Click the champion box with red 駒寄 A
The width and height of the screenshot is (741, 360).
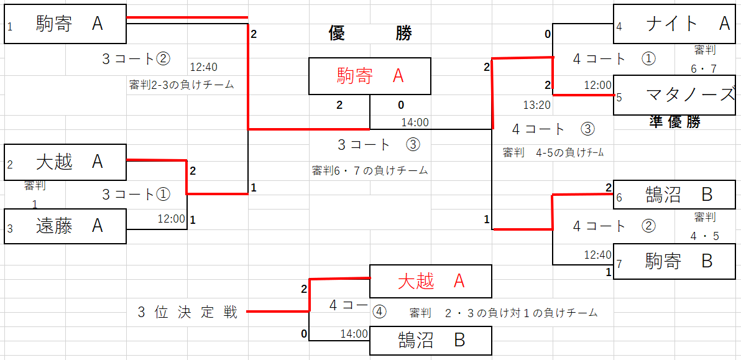coord(369,76)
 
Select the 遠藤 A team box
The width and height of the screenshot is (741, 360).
coord(65,226)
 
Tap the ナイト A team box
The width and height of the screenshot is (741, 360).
coord(674,24)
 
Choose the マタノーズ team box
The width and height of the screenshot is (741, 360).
coord(674,96)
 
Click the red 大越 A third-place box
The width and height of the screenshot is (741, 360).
coord(430,282)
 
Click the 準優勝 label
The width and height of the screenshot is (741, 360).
coord(674,122)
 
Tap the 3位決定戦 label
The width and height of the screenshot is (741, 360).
coord(188,312)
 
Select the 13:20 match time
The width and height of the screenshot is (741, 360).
coord(536,105)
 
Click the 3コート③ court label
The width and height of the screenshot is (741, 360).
coord(379,145)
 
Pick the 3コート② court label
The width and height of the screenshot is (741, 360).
coord(136,59)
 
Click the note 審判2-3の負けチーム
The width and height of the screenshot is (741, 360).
coord(182,85)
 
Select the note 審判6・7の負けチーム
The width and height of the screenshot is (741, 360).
coord(370,170)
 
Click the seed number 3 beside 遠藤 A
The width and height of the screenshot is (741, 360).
coord(10,229)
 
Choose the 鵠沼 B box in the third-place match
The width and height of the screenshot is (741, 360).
coord(430,341)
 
